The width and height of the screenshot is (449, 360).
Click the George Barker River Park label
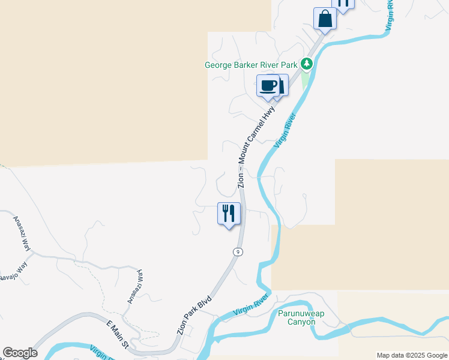click(x=252, y=65)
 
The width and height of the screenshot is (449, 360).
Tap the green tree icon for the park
click(x=307, y=63)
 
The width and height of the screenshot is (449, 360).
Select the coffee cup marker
click(x=268, y=85)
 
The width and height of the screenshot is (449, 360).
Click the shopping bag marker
click(x=325, y=19)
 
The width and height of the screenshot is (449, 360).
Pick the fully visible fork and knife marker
click(x=229, y=214)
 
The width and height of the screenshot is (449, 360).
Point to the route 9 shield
click(x=239, y=252)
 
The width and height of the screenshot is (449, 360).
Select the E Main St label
click(x=118, y=335)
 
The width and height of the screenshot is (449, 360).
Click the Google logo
click(x=20, y=353)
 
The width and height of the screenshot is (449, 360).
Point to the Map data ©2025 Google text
click(x=412, y=355)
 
